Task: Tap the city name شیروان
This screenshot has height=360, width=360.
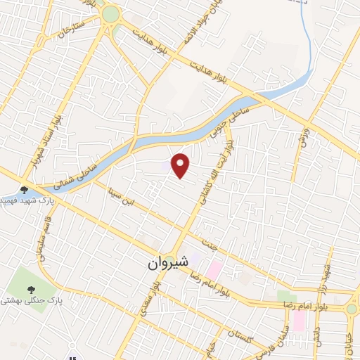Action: point(169,263)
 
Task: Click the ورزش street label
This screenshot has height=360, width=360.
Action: point(303,133)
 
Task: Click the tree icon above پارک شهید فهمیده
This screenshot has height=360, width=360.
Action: point(25,189)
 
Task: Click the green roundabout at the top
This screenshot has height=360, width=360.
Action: point(110,13)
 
